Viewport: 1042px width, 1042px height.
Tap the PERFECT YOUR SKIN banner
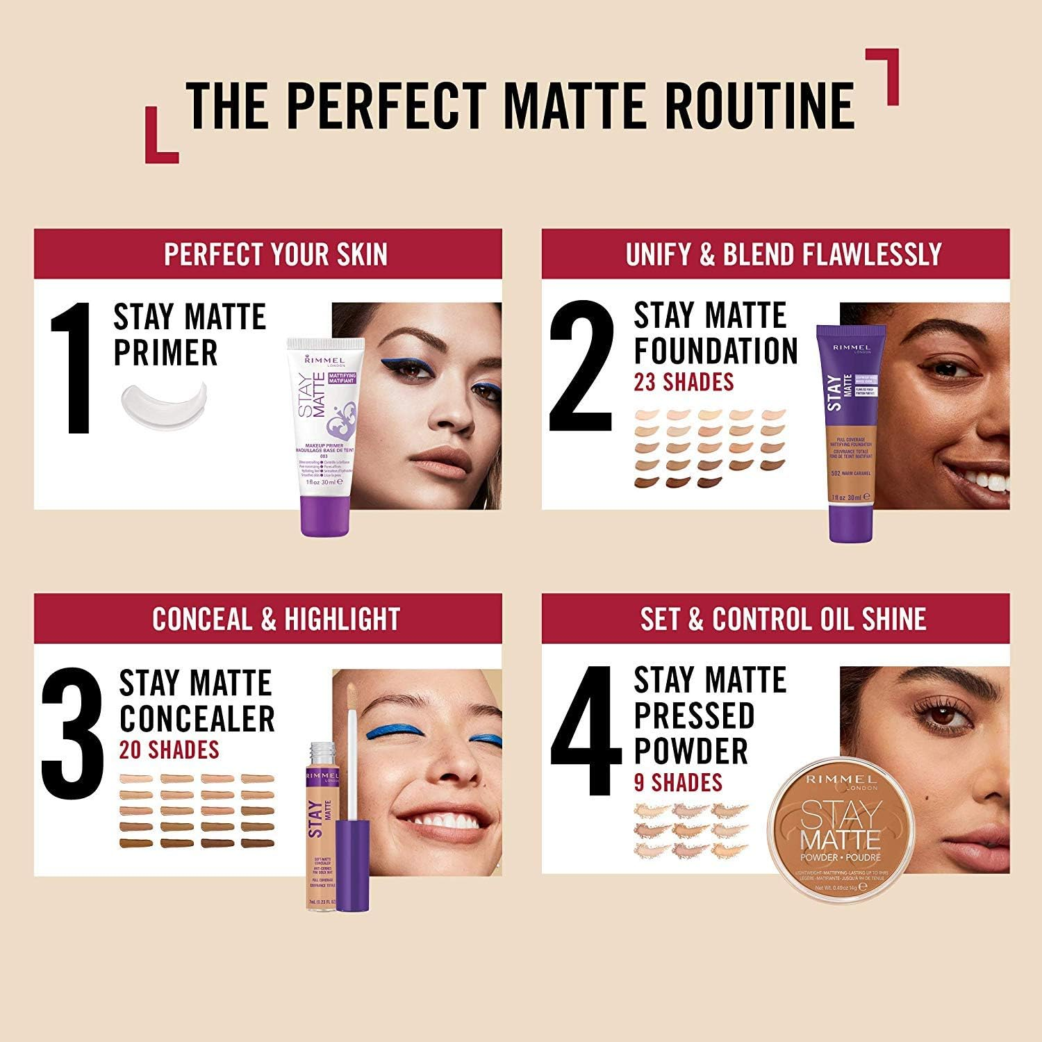click(275, 254)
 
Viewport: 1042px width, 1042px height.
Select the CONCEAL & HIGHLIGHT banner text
click(276, 619)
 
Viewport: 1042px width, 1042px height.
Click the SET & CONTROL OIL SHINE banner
click(783, 619)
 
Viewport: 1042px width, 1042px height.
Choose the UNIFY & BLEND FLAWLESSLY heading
click(783, 254)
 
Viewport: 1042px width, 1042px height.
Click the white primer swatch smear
click(164, 406)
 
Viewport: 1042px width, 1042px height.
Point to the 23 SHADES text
click(684, 381)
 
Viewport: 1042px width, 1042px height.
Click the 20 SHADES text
click(169, 749)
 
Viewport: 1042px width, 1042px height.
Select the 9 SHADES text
click(678, 782)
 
